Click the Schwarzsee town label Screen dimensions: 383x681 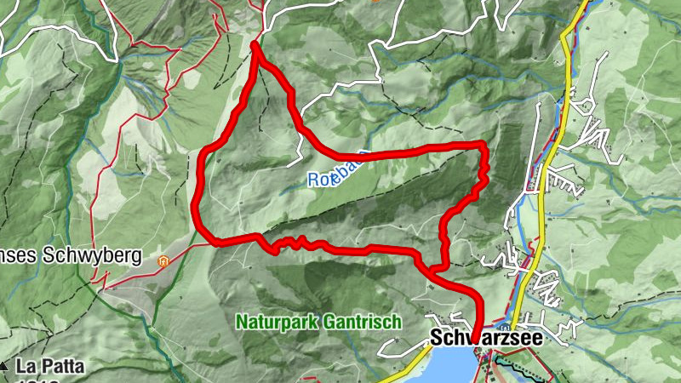486,338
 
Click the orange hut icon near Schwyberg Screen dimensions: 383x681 163,257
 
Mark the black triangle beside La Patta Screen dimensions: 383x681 5,367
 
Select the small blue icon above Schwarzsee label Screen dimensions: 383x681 505,327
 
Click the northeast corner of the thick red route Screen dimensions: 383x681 483,146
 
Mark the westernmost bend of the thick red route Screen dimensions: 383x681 195,204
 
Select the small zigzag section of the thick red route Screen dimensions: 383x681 294,243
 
